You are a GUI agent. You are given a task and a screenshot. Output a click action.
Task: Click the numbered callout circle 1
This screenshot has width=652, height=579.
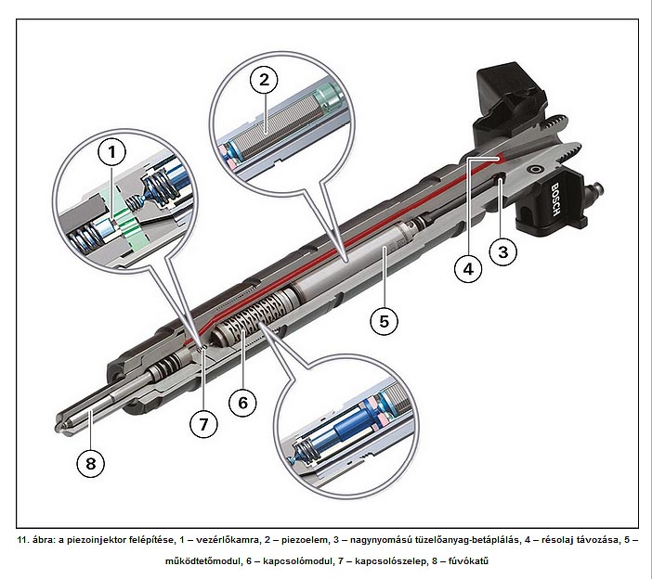point(114,150)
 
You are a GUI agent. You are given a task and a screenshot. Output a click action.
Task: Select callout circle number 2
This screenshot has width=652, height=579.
point(264,81)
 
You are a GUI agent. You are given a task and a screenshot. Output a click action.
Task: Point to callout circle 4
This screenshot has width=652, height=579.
point(468,269)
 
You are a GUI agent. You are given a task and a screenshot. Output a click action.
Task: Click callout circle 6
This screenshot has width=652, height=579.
point(242,402)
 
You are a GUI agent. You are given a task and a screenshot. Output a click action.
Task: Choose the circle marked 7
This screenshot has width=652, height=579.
point(204,424)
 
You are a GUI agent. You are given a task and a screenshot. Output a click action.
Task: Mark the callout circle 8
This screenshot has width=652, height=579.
point(89,463)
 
